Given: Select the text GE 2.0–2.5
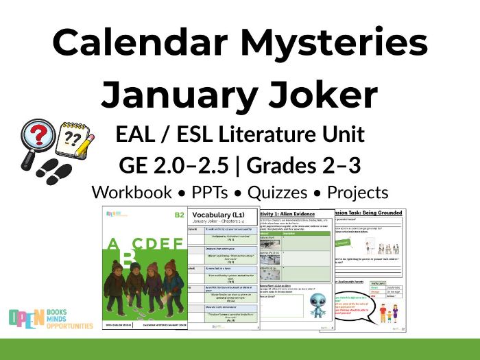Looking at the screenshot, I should coord(178,165).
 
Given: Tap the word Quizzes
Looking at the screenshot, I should coord(283,193).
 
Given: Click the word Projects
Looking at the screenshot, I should coord(357,193).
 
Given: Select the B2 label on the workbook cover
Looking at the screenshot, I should coord(179,215).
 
